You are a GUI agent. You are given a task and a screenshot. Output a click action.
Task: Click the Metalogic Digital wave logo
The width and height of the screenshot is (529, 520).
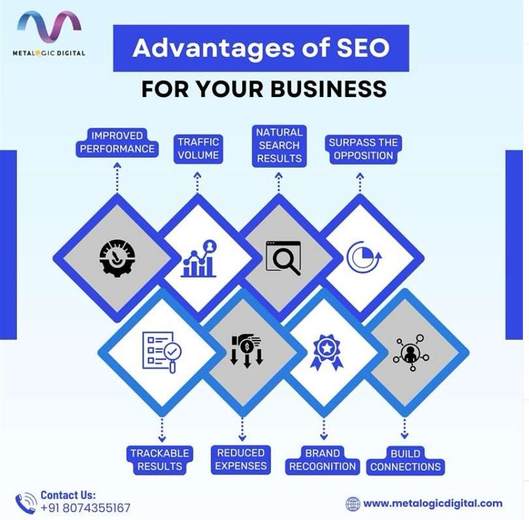[49, 26]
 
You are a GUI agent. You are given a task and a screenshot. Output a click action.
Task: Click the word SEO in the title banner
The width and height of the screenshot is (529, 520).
[363, 47]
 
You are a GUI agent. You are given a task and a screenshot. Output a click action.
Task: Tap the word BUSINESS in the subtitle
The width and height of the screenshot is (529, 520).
[329, 89]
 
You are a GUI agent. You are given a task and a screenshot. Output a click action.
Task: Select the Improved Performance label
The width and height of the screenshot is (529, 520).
[117, 143]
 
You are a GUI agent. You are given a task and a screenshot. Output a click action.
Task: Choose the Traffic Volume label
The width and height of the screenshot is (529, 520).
[198, 149]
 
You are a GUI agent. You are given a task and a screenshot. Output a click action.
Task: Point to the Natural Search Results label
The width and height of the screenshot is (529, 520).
[280, 146]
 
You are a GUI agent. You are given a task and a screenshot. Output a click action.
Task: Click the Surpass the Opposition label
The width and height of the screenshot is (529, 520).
[363, 149]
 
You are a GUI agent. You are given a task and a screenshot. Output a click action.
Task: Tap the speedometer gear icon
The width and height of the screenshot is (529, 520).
[117, 258]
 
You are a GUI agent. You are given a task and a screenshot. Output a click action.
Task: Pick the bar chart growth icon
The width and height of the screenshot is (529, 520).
[199, 259]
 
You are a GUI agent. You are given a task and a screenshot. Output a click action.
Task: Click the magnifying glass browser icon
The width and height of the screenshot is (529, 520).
[283, 258]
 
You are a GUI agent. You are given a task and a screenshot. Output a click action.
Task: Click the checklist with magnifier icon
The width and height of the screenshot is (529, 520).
[162, 352]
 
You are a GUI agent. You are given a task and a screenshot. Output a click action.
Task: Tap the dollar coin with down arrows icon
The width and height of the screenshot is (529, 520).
[246, 351]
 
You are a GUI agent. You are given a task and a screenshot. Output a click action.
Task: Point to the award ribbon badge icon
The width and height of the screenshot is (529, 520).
[326, 352]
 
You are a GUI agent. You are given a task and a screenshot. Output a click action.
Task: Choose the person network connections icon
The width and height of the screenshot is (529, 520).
[411, 353]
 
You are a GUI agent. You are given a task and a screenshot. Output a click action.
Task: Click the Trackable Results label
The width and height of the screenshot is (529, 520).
[160, 460]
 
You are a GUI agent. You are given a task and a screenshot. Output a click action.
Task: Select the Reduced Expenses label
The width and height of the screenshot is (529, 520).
[241, 459]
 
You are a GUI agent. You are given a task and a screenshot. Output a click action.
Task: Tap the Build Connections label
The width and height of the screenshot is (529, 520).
[406, 460]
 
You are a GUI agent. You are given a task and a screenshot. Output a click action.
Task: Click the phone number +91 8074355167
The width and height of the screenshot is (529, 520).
[85, 508]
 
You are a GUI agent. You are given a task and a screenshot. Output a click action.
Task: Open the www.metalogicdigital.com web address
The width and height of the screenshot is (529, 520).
[433, 503]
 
